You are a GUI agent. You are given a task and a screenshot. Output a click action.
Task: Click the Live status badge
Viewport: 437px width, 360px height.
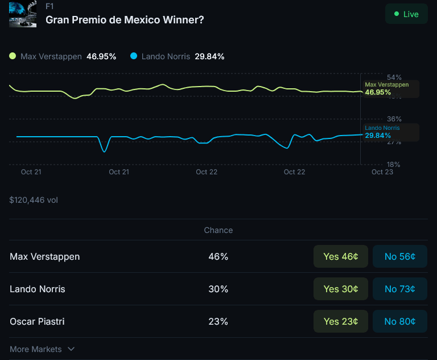406,14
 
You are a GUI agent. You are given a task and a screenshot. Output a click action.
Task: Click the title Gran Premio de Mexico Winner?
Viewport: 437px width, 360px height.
125,19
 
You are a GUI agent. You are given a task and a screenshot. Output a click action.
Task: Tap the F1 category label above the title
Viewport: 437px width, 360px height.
50,6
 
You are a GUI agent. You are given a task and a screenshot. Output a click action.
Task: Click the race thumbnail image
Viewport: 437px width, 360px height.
23,14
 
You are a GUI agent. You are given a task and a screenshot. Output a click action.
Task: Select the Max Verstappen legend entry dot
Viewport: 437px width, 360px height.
13,56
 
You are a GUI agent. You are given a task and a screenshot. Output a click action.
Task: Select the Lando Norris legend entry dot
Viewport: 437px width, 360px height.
134,56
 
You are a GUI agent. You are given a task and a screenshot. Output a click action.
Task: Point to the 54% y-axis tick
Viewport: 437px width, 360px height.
394,77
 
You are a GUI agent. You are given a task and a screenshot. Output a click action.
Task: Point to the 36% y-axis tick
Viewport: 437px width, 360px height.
394,119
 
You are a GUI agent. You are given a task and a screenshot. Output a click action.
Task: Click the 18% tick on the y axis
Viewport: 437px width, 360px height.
394,164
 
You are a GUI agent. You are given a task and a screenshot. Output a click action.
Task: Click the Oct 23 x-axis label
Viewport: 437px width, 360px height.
382,171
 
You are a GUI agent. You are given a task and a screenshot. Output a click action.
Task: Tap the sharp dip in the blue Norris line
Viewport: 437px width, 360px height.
104,150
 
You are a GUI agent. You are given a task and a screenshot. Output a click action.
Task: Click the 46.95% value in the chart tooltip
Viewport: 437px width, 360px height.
378,92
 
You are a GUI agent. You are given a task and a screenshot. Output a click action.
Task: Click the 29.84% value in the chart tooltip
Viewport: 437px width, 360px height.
378,136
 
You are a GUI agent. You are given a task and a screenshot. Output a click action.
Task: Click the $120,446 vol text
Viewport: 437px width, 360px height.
34,200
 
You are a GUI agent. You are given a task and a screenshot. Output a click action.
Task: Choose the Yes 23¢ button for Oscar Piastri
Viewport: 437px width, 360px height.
340,321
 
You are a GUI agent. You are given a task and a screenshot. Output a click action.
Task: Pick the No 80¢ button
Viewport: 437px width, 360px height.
399,321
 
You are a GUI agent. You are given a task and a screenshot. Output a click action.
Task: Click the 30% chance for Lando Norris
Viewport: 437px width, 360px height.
218,289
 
